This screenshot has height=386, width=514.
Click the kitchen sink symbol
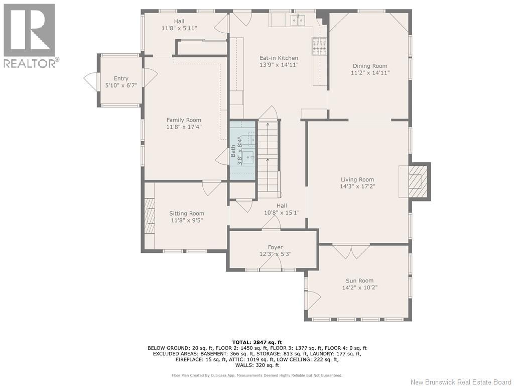tap(298, 20)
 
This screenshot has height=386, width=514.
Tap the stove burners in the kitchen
tap(319, 45)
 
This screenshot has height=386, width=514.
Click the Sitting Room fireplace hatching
tap(150, 216)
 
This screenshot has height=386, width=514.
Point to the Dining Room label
tap(370, 66)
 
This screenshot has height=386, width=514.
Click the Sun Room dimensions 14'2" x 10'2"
tap(359, 287)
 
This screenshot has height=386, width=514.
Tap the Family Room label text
tap(184, 120)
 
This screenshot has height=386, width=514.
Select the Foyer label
tap(275, 247)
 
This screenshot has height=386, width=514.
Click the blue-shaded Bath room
tap(242, 150)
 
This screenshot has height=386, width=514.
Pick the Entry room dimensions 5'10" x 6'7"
tap(121, 85)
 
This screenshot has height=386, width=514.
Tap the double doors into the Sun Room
tap(351, 251)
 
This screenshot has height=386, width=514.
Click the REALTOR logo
tap(30, 36)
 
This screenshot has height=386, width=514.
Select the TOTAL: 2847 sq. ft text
tap(257, 342)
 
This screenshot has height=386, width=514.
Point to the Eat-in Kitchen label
tap(279, 58)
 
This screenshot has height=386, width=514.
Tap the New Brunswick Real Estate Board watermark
tap(461, 382)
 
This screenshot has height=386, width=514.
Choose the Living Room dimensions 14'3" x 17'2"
tap(357, 186)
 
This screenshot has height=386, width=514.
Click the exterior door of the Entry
tap(91, 82)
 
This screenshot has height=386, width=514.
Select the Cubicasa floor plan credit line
tap(256, 375)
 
